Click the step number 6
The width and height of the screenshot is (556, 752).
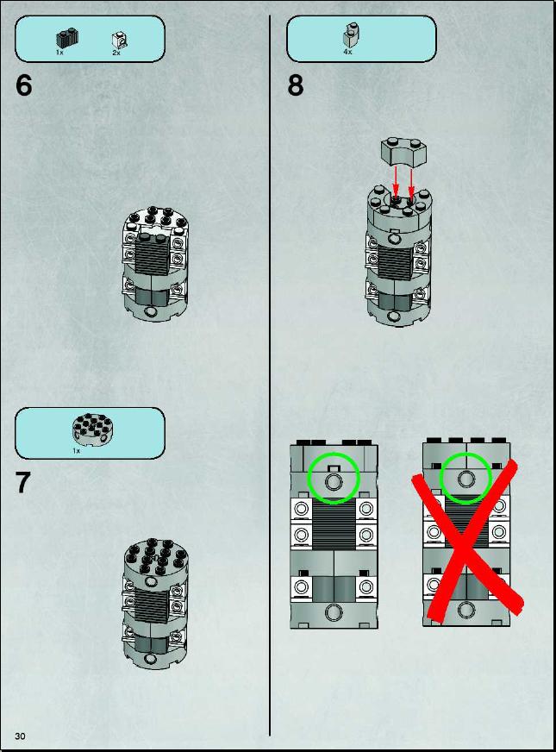point(23,85)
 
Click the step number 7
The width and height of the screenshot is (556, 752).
point(23,482)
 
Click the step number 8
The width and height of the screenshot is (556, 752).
point(296,85)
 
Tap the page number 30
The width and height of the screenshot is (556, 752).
point(20,736)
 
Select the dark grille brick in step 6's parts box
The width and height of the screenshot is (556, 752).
point(67,38)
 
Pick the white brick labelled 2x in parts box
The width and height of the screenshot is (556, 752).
point(120,41)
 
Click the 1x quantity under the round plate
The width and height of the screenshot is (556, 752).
point(76,451)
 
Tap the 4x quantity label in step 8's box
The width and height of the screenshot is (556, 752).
point(347,52)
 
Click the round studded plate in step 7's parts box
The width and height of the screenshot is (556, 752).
point(92,428)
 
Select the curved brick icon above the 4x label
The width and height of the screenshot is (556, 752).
point(352,34)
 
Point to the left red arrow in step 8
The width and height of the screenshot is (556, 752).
point(396,181)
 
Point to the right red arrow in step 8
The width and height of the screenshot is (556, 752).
point(411,181)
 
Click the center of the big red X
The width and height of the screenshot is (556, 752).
point(465,540)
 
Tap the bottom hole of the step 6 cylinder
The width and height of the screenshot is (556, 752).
point(152,313)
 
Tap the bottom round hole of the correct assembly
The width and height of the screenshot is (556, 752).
point(334,612)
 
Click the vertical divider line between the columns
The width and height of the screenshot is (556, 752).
point(269,375)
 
